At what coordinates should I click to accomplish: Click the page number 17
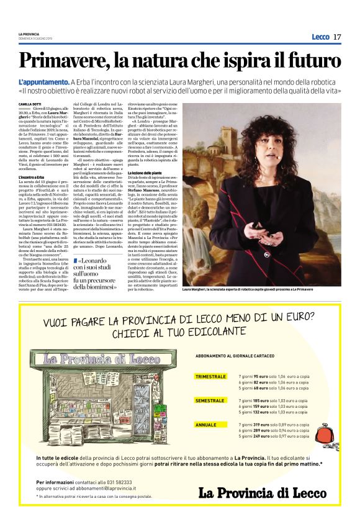pyautogui.click(x=337, y=37)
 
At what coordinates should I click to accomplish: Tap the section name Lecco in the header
pyautogui.click(x=320, y=37)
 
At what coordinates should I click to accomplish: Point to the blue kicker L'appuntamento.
pyautogui.click(x=43, y=82)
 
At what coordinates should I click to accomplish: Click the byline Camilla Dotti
pyautogui.click(x=29, y=104)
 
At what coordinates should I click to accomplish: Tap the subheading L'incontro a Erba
pyautogui.click(x=31, y=178)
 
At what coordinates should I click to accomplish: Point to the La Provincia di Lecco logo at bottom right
pyautogui.click(x=263, y=492)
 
